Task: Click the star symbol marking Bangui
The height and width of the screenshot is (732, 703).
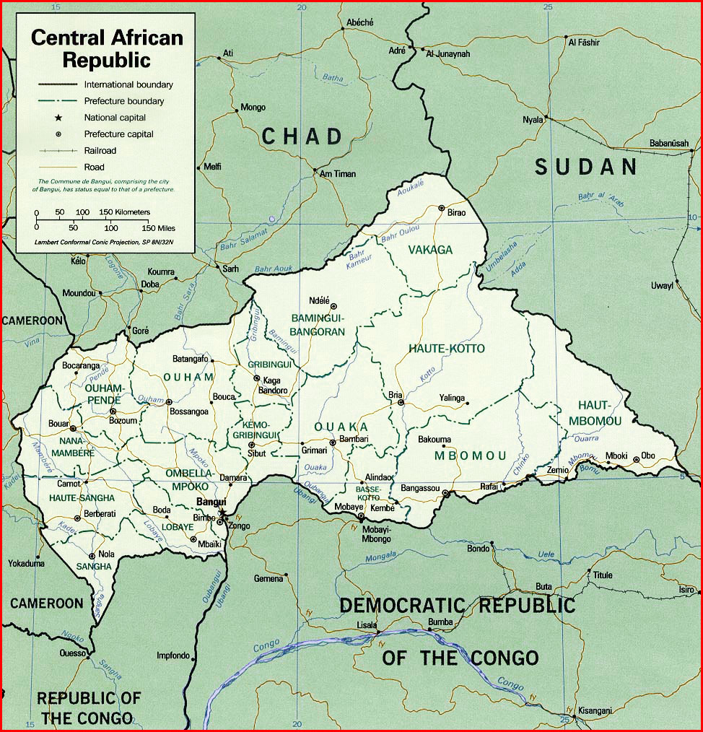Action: click(223, 514)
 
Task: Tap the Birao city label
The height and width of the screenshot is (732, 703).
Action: click(457, 213)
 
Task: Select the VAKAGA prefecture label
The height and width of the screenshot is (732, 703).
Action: click(430, 250)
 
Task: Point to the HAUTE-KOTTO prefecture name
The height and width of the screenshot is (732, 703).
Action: click(447, 349)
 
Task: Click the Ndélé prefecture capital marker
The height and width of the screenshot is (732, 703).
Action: click(333, 305)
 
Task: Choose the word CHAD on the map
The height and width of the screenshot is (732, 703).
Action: click(302, 136)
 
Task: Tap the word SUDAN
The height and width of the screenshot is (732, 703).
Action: click(586, 167)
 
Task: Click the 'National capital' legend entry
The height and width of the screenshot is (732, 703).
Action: click(115, 118)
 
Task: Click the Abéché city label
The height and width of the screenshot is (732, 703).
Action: click(359, 22)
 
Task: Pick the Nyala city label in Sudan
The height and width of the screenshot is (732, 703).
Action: click(533, 120)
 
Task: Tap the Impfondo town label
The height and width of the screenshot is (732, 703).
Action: click(173, 655)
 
